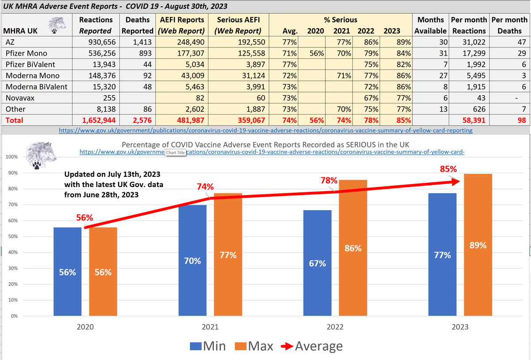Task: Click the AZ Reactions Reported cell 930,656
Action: [x=95, y=42]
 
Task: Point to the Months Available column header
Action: [x=430, y=25]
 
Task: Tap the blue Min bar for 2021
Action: [x=192, y=260]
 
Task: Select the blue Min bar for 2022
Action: [x=317, y=263]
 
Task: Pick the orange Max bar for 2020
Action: [x=103, y=272]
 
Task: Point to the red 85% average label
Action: [x=448, y=169]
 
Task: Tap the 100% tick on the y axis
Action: [x=12, y=157]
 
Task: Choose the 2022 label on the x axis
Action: [x=335, y=327]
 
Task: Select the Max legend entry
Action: [x=255, y=346]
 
